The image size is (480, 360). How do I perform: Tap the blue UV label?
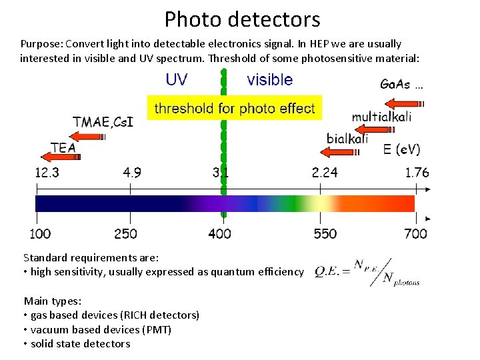(176, 80)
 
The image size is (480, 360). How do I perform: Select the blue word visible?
(269, 80)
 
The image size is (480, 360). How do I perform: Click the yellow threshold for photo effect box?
(234, 107)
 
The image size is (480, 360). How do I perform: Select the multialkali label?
(381, 117)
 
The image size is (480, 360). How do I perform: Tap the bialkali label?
(347, 139)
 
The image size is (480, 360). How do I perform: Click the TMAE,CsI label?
(103, 123)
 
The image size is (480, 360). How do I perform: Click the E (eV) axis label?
(401, 149)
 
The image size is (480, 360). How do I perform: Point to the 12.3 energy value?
(47, 173)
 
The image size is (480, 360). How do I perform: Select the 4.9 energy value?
(132, 173)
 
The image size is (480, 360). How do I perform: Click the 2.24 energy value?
(325, 173)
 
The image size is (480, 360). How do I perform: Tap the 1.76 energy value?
(417, 173)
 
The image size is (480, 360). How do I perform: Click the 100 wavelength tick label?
(41, 233)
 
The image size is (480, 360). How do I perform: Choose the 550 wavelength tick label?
(325, 233)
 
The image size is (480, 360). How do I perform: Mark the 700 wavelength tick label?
(415, 233)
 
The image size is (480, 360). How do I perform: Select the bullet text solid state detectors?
(80, 344)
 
